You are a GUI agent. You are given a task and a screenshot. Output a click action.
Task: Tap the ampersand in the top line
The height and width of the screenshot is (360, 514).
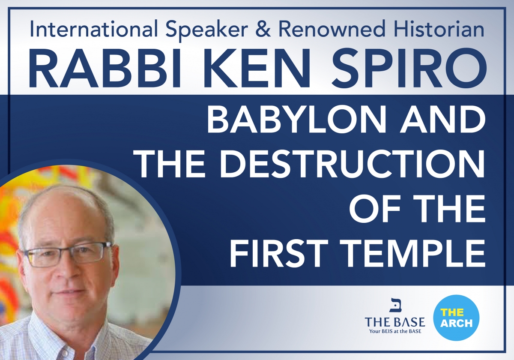coord(263,29)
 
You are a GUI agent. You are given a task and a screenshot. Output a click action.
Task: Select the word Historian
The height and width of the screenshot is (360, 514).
coord(439,29)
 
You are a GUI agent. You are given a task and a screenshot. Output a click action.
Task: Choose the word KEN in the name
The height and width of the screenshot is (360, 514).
coord(257,68)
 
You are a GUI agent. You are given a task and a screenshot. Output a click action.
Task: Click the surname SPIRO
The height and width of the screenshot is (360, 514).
coord(409,68)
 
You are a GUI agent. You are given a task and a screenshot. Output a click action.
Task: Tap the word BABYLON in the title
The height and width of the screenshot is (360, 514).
coord(297,120)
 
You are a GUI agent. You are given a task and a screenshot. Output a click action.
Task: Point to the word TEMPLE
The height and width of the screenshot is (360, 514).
coord(412,254)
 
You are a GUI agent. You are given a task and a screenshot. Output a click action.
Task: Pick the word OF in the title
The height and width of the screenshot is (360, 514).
coord(374,209)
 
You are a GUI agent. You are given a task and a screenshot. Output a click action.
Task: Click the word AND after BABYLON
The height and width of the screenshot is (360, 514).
coord(442,120)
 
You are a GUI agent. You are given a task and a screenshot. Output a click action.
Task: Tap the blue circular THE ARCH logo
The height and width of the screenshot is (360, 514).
coord(456,318)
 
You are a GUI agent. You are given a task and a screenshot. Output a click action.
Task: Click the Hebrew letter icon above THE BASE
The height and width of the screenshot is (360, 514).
coord(395,305)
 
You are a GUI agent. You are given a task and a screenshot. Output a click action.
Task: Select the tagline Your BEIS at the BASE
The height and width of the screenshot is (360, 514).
coord(395,331)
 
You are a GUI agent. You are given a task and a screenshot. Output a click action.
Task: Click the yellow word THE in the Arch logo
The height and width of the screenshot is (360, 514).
coord(452,312)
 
